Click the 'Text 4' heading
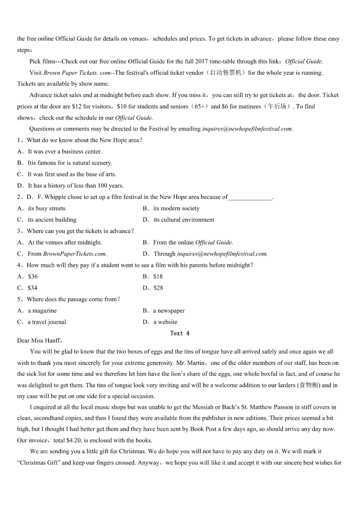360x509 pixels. click(180, 334)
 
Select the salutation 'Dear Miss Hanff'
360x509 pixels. click(39, 340)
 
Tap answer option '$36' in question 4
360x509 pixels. click(33, 276)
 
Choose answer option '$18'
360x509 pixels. click(158, 276)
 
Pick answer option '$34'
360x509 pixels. click(33, 288)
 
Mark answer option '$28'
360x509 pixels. click(158, 288)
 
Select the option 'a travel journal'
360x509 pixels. click(47, 322)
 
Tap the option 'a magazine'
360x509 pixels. click(42, 311)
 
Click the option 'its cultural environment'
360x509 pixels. click(184, 220)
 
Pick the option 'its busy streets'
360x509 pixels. click(47, 208)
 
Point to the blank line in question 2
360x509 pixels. click(250, 198)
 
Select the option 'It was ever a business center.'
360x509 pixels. click(65, 152)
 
